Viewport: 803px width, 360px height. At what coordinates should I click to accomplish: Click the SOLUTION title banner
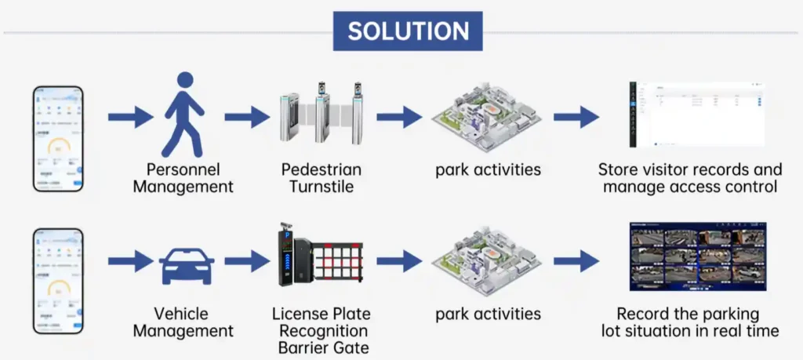[x=408, y=31]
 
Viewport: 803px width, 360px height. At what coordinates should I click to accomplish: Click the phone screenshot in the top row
[x=57, y=138]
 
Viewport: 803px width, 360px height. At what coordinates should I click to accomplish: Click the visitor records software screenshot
[x=697, y=113]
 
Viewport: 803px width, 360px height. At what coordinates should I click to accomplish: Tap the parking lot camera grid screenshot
[x=697, y=256]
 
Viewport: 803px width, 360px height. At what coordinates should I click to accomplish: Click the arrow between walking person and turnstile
[x=246, y=118]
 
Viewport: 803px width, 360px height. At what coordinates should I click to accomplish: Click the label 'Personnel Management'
[x=183, y=178]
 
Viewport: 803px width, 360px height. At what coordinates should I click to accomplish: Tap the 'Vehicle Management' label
[x=183, y=322]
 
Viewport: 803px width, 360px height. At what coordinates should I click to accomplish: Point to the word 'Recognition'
[x=324, y=331]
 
